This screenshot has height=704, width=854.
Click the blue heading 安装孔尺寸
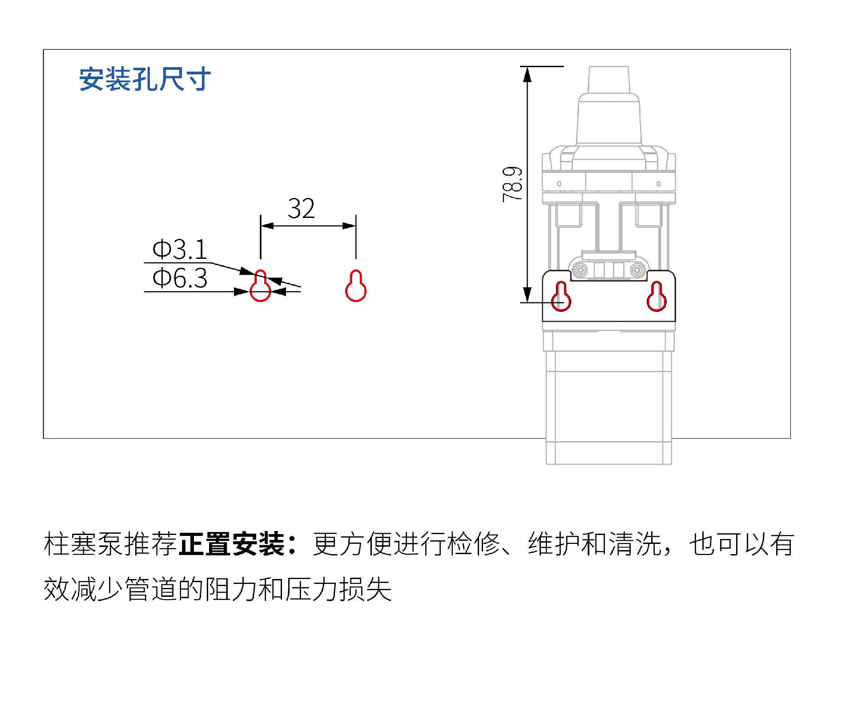[x=145, y=80]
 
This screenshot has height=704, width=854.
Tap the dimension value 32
[x=301, y=208]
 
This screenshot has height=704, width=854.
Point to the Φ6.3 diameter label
[x=180, y=278]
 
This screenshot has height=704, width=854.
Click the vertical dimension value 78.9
[x=512, y=185]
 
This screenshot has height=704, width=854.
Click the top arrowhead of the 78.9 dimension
[x=528, y=74]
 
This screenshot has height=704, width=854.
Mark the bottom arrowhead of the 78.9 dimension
[x=528, y=295]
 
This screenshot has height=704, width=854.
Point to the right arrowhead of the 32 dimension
[x=349, y=226]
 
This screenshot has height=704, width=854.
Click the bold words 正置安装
[x=232, y=544]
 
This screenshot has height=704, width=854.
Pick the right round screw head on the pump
[x=637, y=270]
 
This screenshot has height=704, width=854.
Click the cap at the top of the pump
[x=609, y=80]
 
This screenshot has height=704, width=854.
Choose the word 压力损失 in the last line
[x=338, y=589]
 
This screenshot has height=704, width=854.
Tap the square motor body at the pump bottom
[x=609, y=407]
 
